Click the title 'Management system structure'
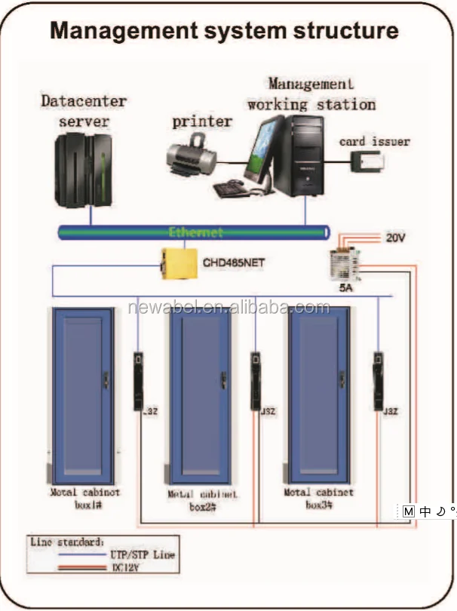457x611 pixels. (x=224, y=30)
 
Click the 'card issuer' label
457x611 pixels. (x=374, y=141)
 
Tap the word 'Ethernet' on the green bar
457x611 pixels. (x=196, y=232)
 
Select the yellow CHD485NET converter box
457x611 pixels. (x=174, y=263)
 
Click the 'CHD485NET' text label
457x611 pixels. (x=234, y=264)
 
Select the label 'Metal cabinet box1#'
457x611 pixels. (x=84, y=498)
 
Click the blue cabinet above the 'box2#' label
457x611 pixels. (x=199, y=396)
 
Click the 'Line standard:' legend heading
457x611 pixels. (x=67, y=542)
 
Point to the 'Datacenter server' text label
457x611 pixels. (x=84, y=111)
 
